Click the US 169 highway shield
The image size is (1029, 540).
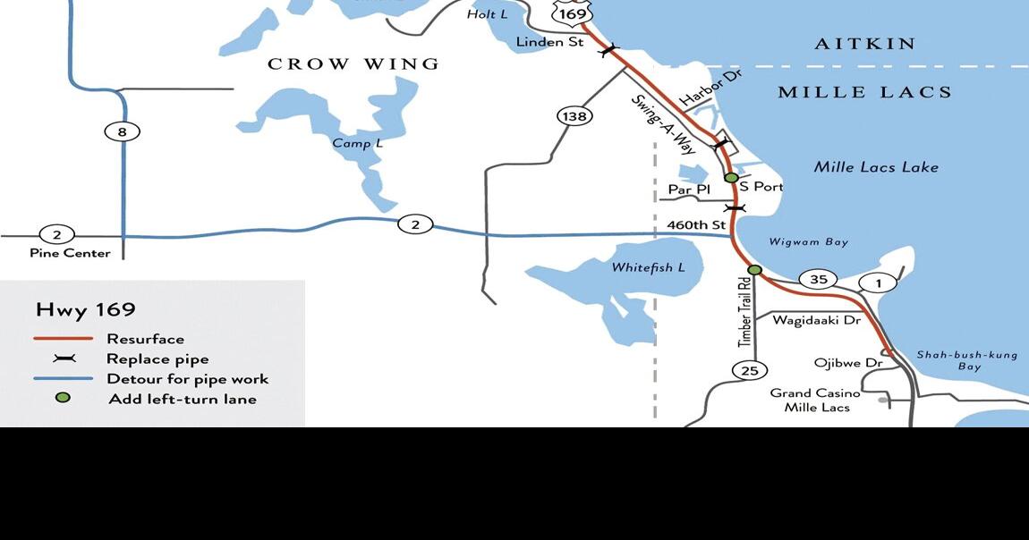(x=571, y=13)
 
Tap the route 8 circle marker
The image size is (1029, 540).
(x=122, y=132)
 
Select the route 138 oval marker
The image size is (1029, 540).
(x=574, y=116)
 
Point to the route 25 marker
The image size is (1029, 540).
(x=749, y=369)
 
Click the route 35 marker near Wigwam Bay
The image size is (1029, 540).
(x=818, y=280)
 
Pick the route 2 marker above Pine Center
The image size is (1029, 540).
(x=56, y=235)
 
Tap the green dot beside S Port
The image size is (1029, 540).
(x=731, y=178)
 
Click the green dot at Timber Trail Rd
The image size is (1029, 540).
(x=754, y=270)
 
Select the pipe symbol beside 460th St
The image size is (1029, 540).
(x=735, y=208)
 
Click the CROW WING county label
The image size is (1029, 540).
(x=353, y=64)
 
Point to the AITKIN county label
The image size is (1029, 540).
(x=865, y=44)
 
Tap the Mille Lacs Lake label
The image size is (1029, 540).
(x=876, y=167)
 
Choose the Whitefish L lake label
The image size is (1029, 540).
(x=648, y=268)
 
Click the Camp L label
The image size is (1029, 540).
(x=357, y=144)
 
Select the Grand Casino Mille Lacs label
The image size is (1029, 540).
(x=815, y=400)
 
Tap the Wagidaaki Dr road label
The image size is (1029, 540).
(x=816, y=320)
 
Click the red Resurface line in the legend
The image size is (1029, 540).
(x=63, y=339)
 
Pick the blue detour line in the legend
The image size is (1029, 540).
(x=63, y=378)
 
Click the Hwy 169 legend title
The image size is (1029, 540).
(x=86, y=310)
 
